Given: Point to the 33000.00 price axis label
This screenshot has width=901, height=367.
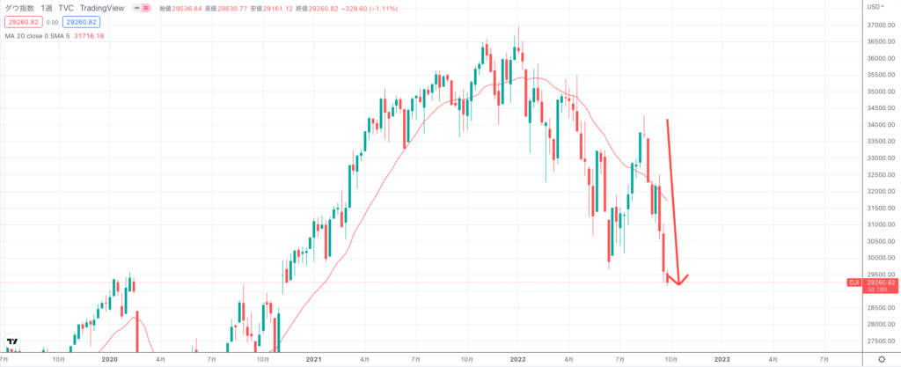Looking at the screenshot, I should pos(874,158).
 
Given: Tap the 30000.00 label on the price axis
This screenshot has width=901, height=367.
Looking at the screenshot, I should pos(874,258).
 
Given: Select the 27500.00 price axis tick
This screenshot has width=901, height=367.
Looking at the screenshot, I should pos(874,341).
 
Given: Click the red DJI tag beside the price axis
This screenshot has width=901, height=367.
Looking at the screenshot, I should pos(853,282).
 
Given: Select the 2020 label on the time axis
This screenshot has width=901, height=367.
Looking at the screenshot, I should pos(109,359).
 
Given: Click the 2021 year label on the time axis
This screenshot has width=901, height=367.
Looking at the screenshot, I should pos(313,359).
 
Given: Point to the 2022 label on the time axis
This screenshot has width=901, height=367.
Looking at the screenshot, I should pos(517,359).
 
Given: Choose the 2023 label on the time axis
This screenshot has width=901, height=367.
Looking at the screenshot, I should pos(722,359).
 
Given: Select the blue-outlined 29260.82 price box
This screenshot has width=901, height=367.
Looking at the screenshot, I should pos(79,22).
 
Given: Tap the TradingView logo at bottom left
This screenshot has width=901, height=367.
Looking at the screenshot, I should pos(12,343).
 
